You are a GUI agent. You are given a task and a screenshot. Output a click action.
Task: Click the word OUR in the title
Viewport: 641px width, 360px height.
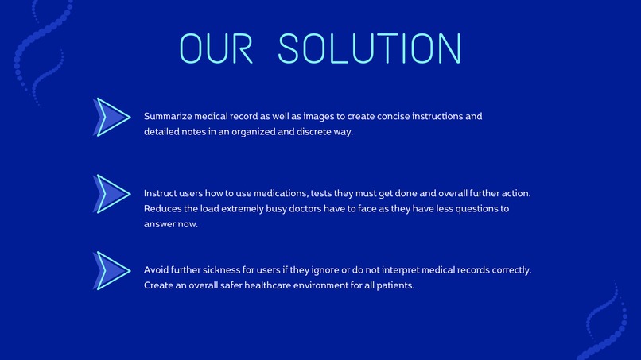pos(216,48)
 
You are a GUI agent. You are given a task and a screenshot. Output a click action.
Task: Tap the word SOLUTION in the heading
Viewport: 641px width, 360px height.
pos(370,48)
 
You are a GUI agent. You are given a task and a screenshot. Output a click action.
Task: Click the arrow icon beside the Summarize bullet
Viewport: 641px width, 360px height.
pos(112,117)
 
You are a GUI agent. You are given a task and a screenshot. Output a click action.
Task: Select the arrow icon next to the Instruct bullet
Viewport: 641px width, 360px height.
pos(112,194)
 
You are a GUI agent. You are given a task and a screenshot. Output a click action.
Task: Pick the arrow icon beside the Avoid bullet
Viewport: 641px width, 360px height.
pos(112,270)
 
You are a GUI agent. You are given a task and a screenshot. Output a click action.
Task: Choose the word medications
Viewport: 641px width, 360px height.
pos(267,193)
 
